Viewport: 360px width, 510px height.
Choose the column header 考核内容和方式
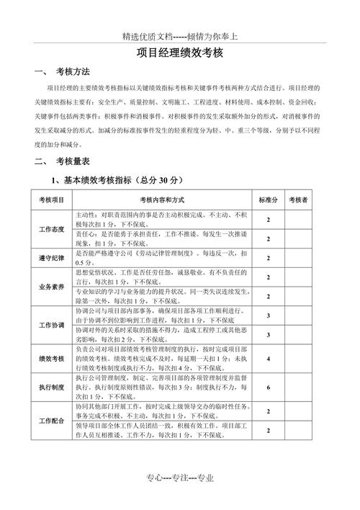[159, 199]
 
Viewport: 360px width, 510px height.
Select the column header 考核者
[298, 199]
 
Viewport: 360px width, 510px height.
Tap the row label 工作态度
[51, 229]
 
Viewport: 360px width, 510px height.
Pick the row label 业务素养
[51, 287]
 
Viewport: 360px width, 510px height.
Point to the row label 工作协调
[51, 325]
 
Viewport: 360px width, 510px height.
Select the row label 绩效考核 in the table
[51, 358]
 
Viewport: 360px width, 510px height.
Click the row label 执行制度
[51, 387]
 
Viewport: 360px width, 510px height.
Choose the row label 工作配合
[51, 421]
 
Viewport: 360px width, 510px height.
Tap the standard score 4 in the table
[269, 358]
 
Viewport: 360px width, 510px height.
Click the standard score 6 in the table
[269, 387]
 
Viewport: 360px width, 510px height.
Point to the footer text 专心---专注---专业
[180, 479]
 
